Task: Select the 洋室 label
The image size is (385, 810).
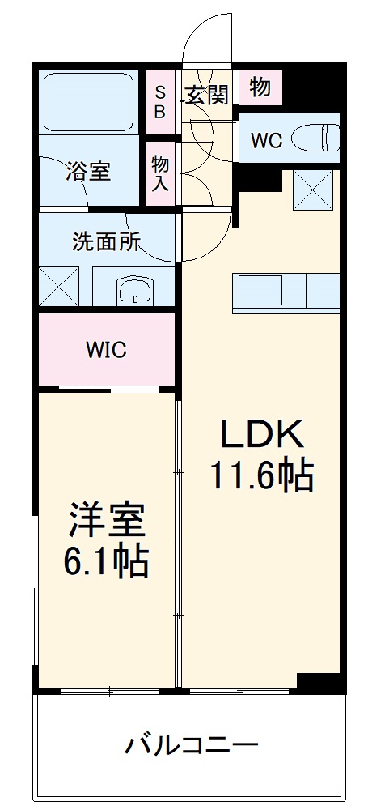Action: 107,521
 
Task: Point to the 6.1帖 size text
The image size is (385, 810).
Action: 107,561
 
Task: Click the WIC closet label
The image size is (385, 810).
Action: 107,351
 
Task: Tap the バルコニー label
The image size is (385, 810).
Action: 192,744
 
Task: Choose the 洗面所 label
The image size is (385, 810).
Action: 106,242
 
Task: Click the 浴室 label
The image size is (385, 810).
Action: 88,172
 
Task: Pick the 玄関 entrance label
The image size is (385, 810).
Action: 207,95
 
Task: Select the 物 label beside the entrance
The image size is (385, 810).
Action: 260,87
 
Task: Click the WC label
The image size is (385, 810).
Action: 265,139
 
